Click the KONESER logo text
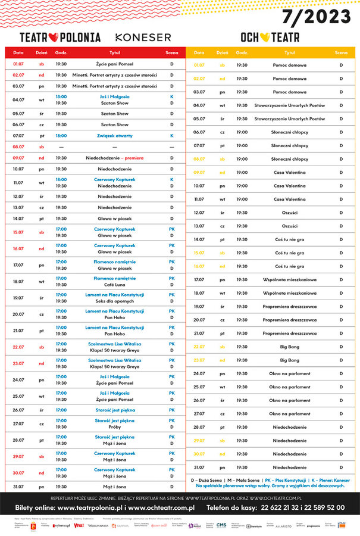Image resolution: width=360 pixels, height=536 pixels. click(x=143, y=37)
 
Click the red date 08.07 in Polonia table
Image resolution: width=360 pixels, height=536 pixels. click(x=18, y=147)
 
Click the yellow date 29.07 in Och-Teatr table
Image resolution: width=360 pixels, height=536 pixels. click(x=199, y=441)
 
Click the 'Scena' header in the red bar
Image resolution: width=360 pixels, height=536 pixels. click(x=171, y=52)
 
